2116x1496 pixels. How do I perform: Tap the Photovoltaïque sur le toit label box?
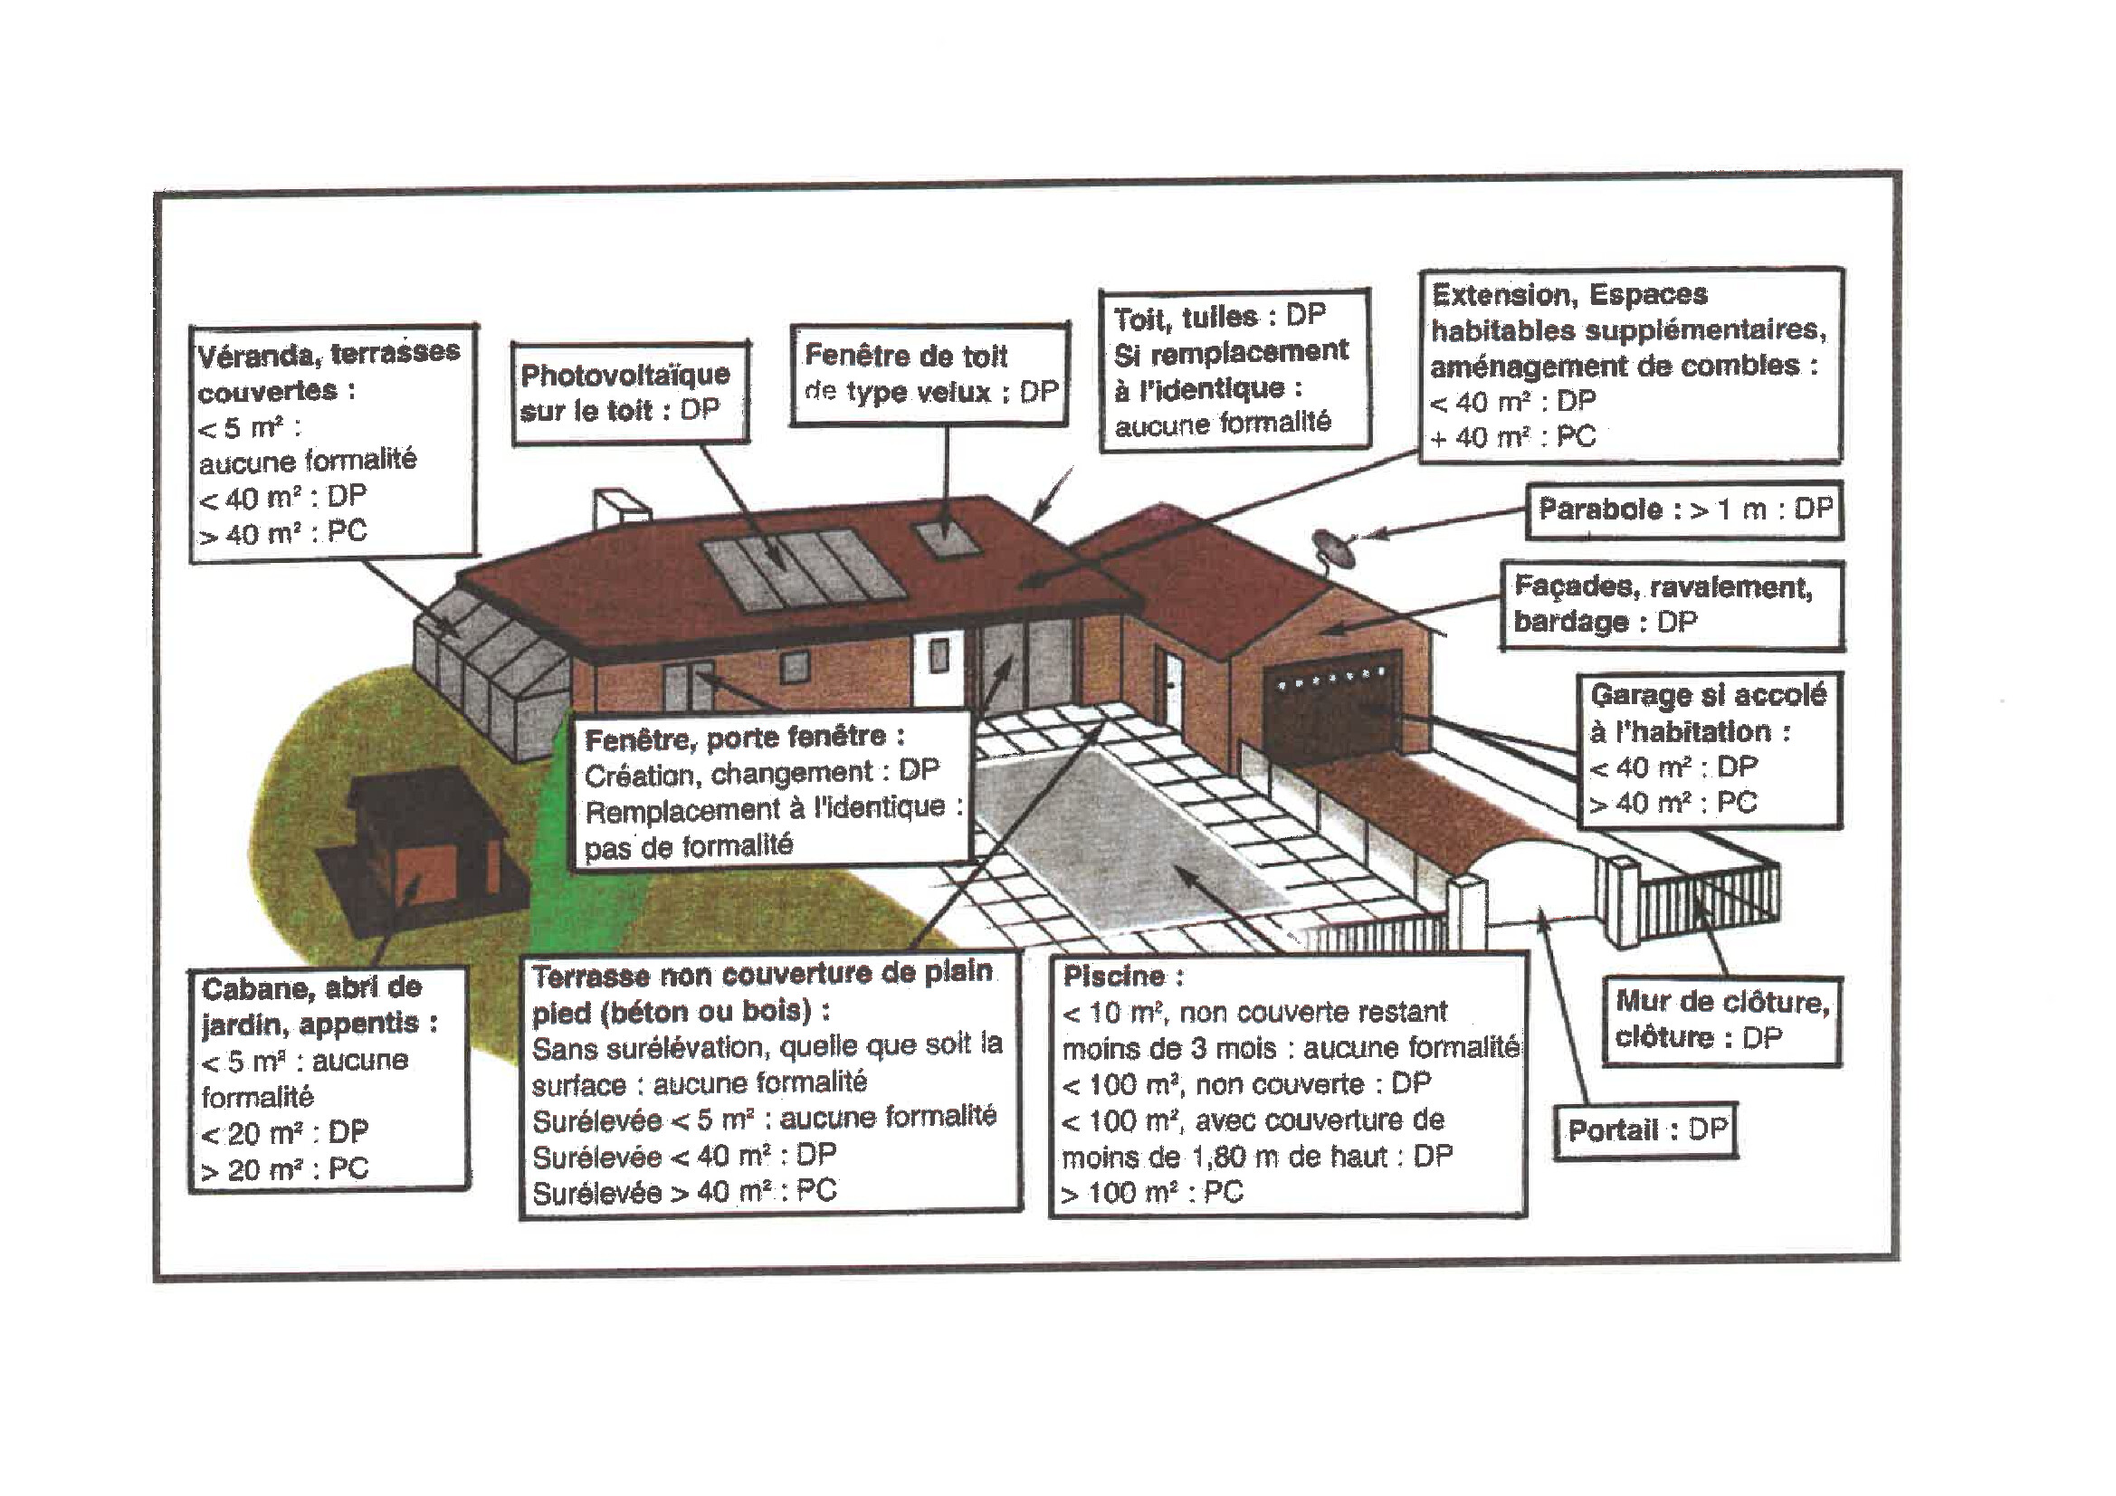(x=631, y=393)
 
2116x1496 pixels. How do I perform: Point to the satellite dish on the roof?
(x=1332, y=549)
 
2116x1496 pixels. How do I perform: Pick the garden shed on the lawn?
(x=424, y=843)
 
